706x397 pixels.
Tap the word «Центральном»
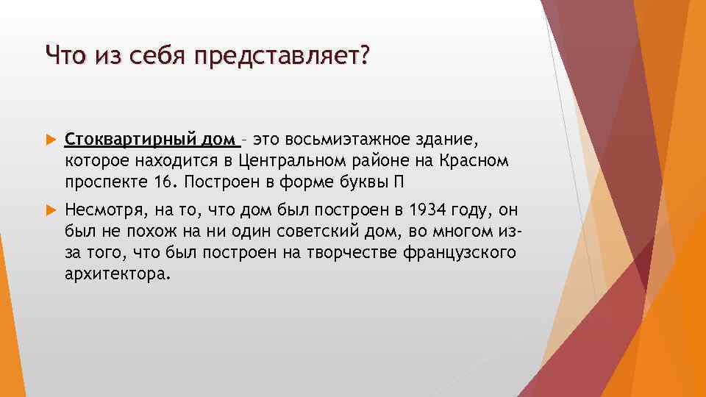point(288,160)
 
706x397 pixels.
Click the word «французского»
point(460,253)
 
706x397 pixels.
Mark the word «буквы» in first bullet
point(368,181)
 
